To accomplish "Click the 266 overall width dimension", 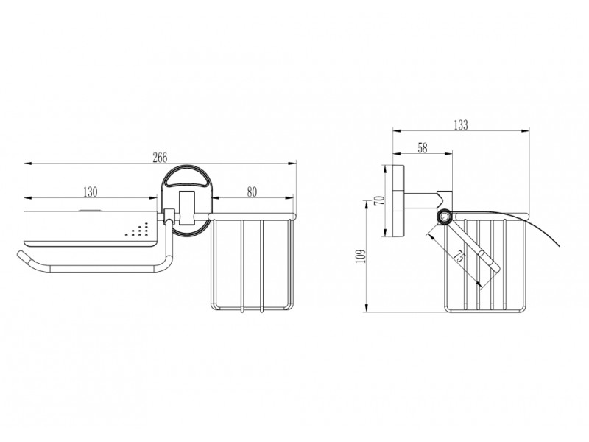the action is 160,158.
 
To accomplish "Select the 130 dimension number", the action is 90,192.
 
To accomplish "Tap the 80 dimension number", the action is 252,192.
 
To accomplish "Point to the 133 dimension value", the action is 461,124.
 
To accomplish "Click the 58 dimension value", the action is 423,148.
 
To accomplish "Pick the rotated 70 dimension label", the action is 380,200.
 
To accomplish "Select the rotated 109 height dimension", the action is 360,256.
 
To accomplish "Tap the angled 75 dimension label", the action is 459,257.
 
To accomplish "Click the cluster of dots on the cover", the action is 137,230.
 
